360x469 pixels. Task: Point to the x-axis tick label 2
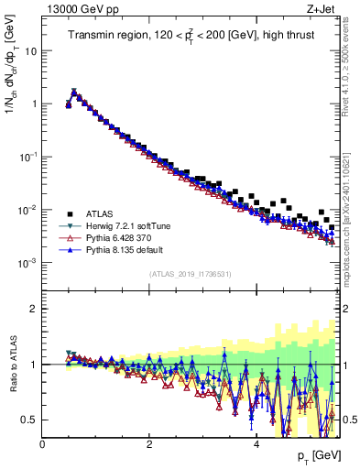149,444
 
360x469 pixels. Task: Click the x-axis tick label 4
256,444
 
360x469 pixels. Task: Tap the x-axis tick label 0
42,444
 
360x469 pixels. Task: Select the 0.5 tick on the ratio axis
31,420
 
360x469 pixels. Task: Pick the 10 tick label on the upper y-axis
30,51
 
